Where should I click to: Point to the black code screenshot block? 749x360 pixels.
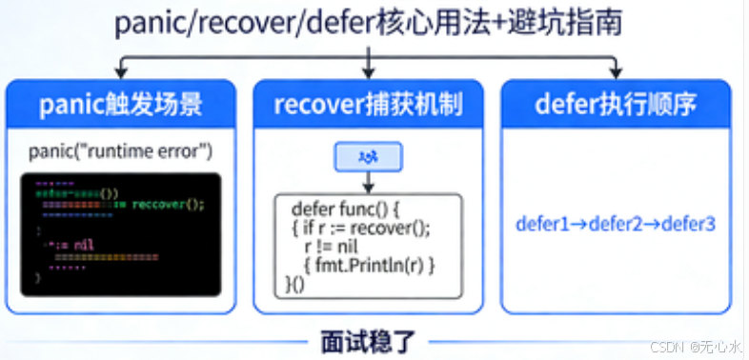point(120,231)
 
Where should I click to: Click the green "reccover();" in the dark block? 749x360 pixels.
point(168,204)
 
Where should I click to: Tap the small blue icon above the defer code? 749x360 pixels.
point(368,156)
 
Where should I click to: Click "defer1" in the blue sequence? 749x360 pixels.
point(541,225)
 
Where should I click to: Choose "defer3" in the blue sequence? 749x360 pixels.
point(687,225)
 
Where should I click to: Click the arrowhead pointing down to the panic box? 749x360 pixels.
point(119,74)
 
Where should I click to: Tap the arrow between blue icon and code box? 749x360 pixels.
point(368,183)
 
